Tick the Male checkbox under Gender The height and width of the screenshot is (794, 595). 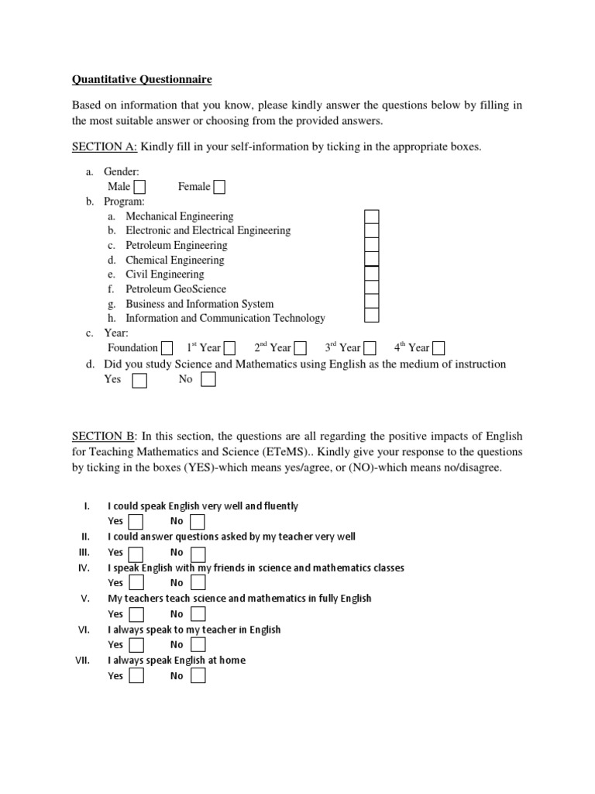click(139, 187)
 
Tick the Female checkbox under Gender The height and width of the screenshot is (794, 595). click(219, 187)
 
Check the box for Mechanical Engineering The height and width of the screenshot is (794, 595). click(372, 216)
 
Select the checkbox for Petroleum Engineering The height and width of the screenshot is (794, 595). click(372, 245)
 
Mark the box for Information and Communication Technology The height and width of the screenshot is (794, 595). click(372, 316)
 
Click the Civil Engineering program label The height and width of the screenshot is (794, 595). click(165, 274)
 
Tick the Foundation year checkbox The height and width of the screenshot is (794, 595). click(167, 348)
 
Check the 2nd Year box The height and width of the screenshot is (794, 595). click(300, 348)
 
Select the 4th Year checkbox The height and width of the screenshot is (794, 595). click(439, 348)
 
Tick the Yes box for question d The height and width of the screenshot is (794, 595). click(139, 380)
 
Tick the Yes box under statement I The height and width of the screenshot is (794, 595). click(136, 521)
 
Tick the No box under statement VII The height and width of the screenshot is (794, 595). click(198, 676)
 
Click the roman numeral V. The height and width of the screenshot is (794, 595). click(86, 599)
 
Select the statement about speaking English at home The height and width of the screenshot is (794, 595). click(177, 661)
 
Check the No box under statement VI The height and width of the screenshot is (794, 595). click(198, 645)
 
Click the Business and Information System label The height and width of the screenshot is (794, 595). click(199, 304)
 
